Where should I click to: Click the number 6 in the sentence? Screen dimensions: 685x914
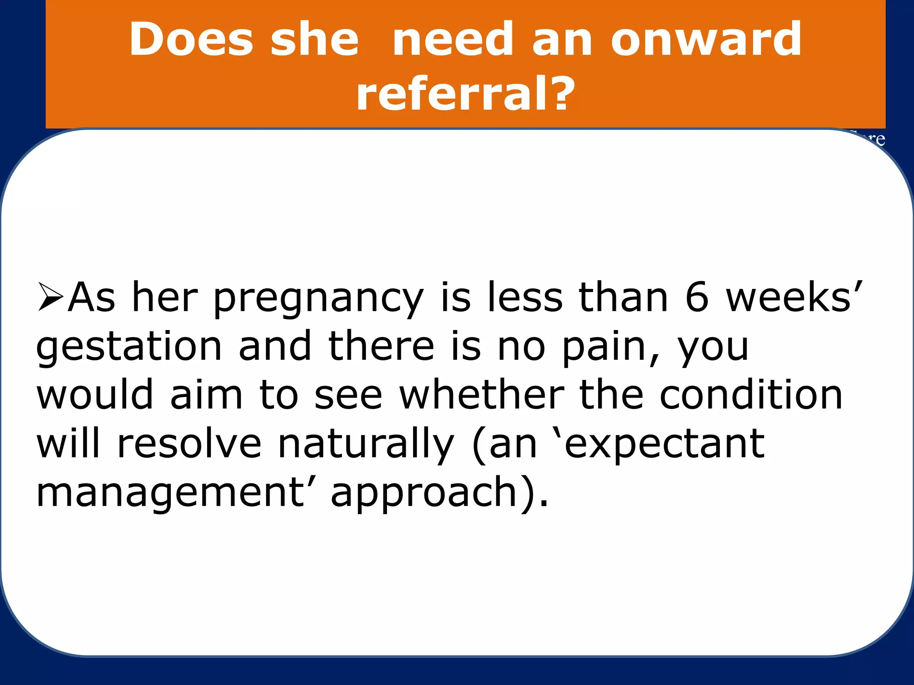[x=697, y=297]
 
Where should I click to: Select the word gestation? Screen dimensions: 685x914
[x=129, y=348]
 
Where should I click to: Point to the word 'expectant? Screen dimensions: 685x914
[x=659, y=445]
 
